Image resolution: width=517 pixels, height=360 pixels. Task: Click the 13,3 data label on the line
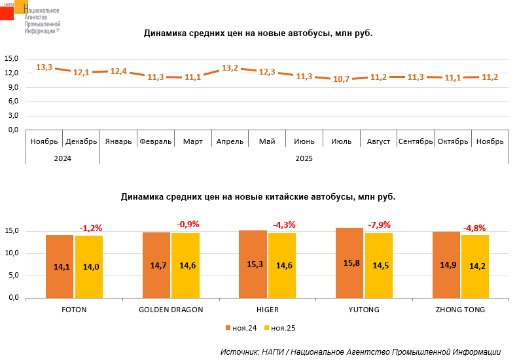point(44,67)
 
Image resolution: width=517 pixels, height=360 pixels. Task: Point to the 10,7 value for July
point(342,79)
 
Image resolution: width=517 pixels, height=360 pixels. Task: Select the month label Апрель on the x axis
point(230,141)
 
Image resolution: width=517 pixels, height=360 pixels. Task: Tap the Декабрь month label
point(81,141)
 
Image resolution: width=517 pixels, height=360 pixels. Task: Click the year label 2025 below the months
point(304,158)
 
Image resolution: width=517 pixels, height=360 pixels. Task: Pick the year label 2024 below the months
point(63,158)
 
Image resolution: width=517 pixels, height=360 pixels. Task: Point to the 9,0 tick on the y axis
point(12,87)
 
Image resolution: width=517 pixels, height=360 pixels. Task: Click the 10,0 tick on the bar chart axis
point(12,253)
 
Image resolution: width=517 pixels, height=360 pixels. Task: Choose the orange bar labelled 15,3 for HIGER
point(253,264)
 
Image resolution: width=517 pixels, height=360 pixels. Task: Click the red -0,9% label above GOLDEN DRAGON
point(188,225)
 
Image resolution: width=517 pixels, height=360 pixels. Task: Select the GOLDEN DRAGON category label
point(171,310)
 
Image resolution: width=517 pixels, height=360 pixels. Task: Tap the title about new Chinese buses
point(258,196)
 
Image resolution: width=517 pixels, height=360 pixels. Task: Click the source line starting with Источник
point(360,351)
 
